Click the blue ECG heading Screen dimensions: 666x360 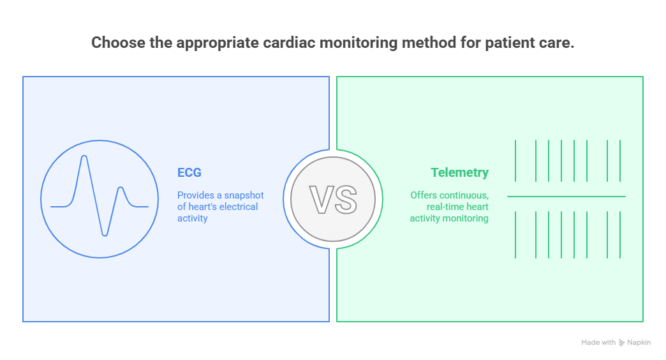189,172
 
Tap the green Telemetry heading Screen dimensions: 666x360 459,172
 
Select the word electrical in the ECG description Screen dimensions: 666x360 238,207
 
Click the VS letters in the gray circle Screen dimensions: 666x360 333,199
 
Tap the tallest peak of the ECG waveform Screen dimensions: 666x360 84,156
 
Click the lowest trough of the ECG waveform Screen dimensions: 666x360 105,235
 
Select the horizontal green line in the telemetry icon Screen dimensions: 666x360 566,197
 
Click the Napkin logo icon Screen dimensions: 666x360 621,343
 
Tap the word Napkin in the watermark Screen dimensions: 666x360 639,343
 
